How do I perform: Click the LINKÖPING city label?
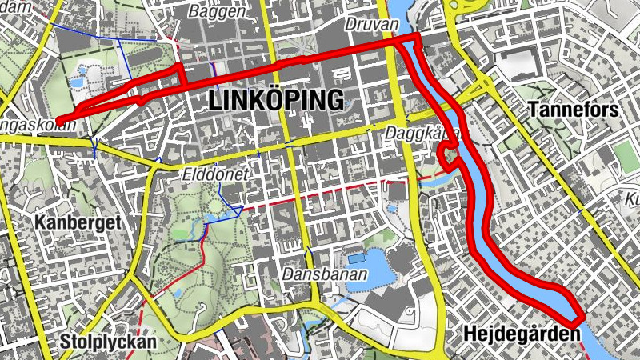pos(276,100)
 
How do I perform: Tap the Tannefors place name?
pos(574,110)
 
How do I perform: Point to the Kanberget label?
pos(78,223)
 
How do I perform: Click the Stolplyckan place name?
pos(108,342)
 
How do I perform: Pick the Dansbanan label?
pos(324,274)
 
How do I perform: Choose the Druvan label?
pos(371,25)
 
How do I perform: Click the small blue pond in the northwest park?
pos(78,82)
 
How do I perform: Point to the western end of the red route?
pos(60,122)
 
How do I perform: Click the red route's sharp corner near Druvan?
pos(417,38)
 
